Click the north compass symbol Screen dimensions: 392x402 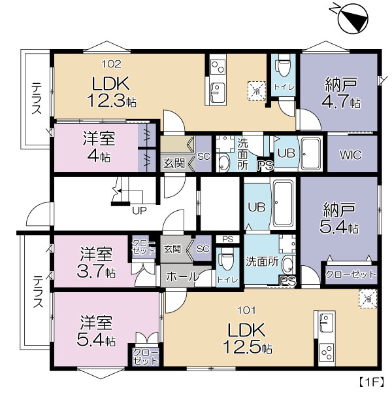pyautogui.click(x=353, y=17)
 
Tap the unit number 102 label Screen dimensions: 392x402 pyautogui.click(x=112, y=64)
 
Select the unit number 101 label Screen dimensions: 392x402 pyautogui.click(x=246, y=311)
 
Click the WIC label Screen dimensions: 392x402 pyautogui.click(x=351, y=155)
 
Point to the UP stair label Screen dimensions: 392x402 pyautogui.click(x=139, y=210)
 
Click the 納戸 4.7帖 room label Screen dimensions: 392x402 pyautogui.click(x=341, y=94)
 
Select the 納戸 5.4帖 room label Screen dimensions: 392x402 pyautogui.click(x=339, y=218)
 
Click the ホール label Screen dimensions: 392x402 pyautogui.click(x=182, y=276)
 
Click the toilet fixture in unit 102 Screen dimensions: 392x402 pyautogui.click(x=283, y=65)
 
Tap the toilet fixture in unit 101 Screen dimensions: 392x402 pyautogui.click(x=227, y=259)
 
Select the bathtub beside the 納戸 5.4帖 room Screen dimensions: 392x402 pyautogui.click(x=283, y=204)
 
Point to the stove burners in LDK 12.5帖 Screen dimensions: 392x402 pyautogui.click(x=327, y=353)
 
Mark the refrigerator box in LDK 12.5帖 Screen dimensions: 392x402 pyautogui.click(x=368, y=299)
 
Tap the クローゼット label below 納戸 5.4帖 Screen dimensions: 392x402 pyautogui.click(x=351, y=274)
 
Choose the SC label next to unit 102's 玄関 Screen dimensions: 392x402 pyautogui.click(x=204, y=156)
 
